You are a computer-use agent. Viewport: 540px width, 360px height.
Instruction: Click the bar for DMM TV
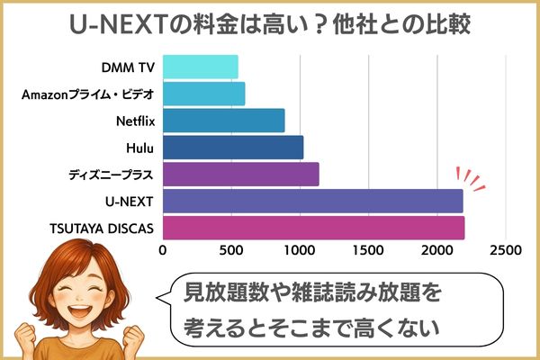(x=200, y=67)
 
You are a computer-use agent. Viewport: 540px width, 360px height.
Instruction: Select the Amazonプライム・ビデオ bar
(x=203, y=94)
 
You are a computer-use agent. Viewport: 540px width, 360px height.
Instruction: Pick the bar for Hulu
(x=232, y=147)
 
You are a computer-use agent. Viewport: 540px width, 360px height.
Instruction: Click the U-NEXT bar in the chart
(x=312, y=201)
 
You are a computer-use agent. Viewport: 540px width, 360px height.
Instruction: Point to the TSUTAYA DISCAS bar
(x=313, y=227)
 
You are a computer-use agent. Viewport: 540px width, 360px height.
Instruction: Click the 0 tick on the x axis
(x=163, y=249)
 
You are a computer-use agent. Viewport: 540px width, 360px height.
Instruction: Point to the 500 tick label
(x=231, y=249)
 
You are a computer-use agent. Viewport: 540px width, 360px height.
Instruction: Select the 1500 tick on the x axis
(x=369, y=249)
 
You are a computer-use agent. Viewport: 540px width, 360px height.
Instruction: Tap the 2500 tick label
(x=506, y=249)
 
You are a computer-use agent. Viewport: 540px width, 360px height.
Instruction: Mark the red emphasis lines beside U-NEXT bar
(x=472, y=178)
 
